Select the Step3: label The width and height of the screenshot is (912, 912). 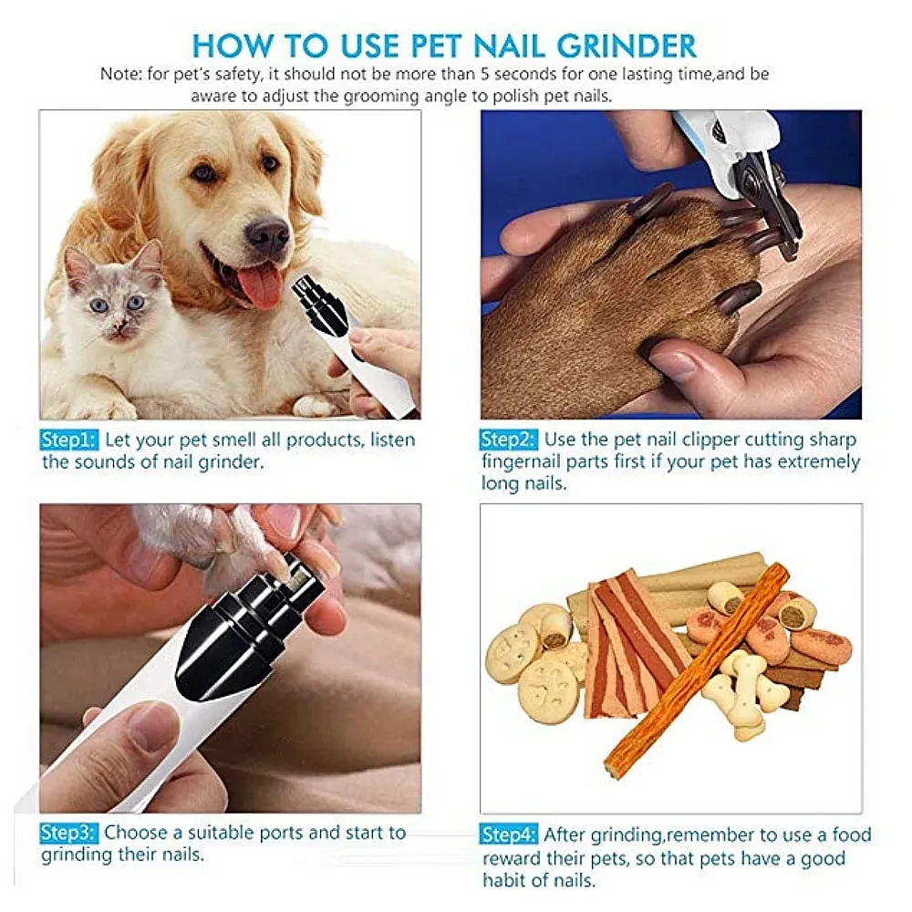coord(68,833)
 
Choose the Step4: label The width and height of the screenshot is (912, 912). coord(509,834)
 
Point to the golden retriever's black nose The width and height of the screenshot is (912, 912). coord(267,234)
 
